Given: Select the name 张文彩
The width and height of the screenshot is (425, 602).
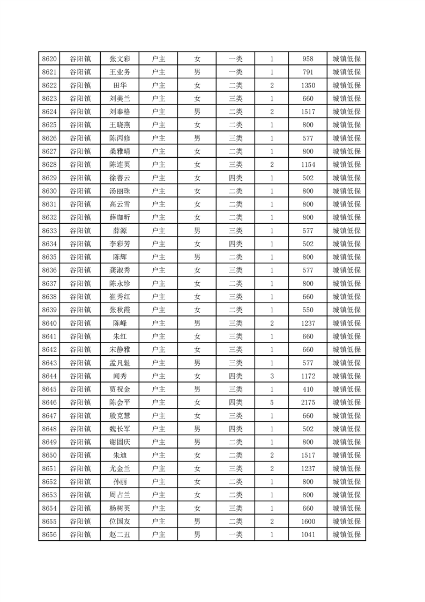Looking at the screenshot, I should coord(120,59).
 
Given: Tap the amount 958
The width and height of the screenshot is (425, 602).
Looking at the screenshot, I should coord(308,59).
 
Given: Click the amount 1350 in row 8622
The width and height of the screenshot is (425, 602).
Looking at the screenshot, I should coord(308,85).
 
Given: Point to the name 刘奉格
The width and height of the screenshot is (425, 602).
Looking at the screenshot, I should coord(120,112).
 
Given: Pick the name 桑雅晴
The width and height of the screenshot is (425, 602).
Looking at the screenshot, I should coord(120,151).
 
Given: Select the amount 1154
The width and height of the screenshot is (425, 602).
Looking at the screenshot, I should coord(308,165).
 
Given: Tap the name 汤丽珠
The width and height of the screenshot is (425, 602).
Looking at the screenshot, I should coord(120,191).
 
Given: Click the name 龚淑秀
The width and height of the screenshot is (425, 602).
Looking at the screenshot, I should coord(120,270).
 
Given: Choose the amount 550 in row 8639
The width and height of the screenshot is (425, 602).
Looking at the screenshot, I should coord(308,310).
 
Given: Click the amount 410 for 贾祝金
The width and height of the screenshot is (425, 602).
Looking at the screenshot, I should coord(308,389).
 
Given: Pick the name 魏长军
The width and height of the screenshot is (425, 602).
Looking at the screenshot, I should coord(120,429).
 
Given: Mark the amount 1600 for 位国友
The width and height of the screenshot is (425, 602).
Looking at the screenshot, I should coord(308,521).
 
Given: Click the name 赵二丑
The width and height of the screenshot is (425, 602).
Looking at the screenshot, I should coord(120,534).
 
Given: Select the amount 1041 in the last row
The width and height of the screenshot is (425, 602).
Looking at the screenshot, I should coord(308,534).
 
